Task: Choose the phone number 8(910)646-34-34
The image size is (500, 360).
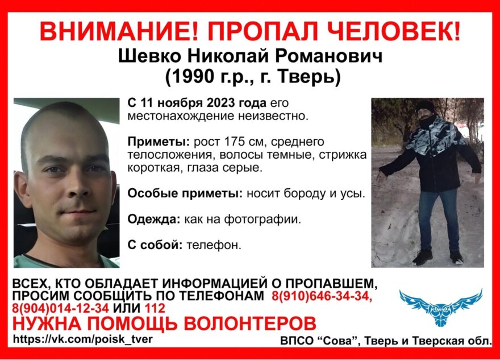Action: coord(322,296)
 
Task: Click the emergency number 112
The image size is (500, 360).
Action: coord(154,309)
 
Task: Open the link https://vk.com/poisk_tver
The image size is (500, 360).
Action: coord(82,339)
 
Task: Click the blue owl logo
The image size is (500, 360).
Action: coord(440,304)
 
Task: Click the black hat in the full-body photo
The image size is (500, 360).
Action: coord(424,106)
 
